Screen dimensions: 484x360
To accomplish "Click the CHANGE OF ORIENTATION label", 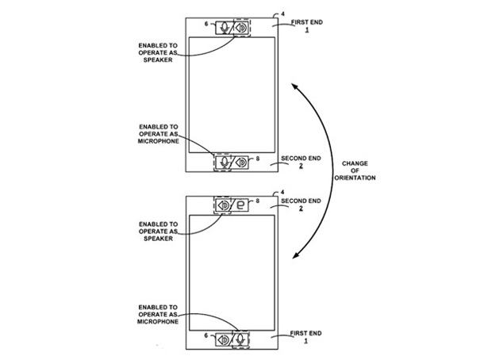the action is point(355,170).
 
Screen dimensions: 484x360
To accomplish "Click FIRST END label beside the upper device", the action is point(307,22).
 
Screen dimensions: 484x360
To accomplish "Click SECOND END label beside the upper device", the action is point(301,159).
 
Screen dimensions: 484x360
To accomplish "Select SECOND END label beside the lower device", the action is point(301,201).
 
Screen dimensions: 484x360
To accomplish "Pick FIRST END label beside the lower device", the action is point(306,333).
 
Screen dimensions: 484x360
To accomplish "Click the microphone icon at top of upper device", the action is point(225,28).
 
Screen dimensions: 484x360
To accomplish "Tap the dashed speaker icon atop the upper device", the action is point(241,28).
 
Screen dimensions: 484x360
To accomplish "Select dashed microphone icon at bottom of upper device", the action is point(223,162).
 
